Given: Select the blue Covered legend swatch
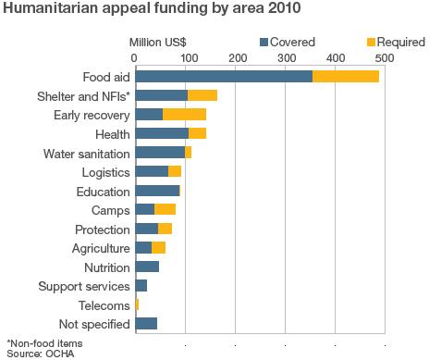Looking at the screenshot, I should pos(264,42).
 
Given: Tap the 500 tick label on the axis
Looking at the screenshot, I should pos(383,57).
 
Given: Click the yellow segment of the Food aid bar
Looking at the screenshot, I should pos(346,76).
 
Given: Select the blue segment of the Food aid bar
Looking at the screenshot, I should pos(224,76).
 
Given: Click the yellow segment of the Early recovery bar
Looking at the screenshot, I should pos(184,115).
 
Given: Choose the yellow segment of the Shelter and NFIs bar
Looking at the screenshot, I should pos(202,95).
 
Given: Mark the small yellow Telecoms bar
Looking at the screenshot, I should pos(137,304).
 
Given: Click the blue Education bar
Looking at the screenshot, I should pos(157,192).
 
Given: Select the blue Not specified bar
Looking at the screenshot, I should pos(146,323).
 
